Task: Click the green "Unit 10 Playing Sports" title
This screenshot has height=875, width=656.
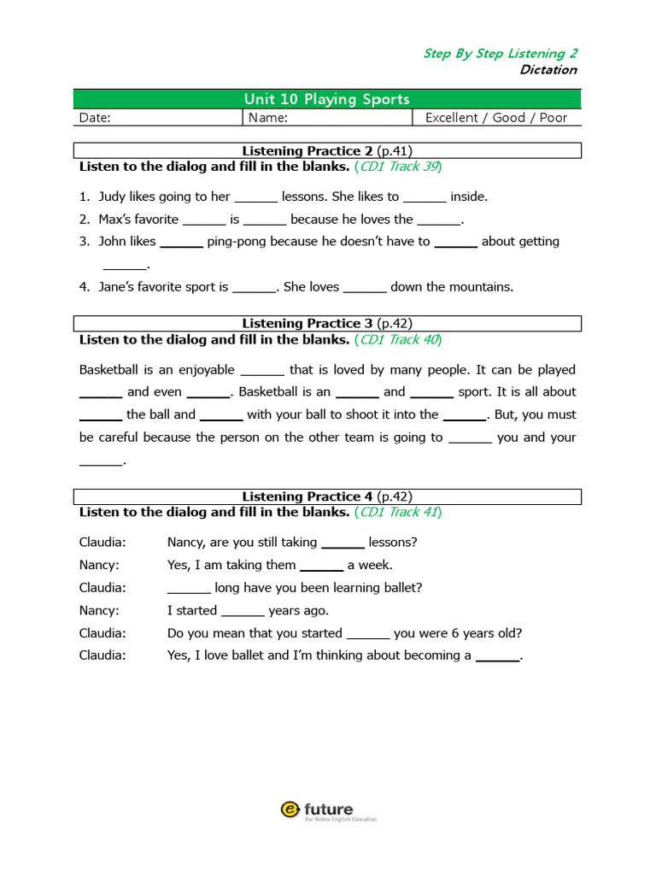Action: (327, 99)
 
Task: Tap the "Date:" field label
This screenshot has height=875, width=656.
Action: (95, 118)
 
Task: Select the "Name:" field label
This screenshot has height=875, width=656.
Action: (267, 118)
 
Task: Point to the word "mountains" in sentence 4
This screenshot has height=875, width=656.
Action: (482, 287)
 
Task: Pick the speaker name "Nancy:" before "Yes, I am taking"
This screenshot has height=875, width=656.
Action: (99, 565)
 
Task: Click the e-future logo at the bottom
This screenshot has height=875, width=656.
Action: (327, 810)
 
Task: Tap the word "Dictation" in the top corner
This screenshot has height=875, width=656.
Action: (548, 70)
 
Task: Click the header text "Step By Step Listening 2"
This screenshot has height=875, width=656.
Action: (500, 53)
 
